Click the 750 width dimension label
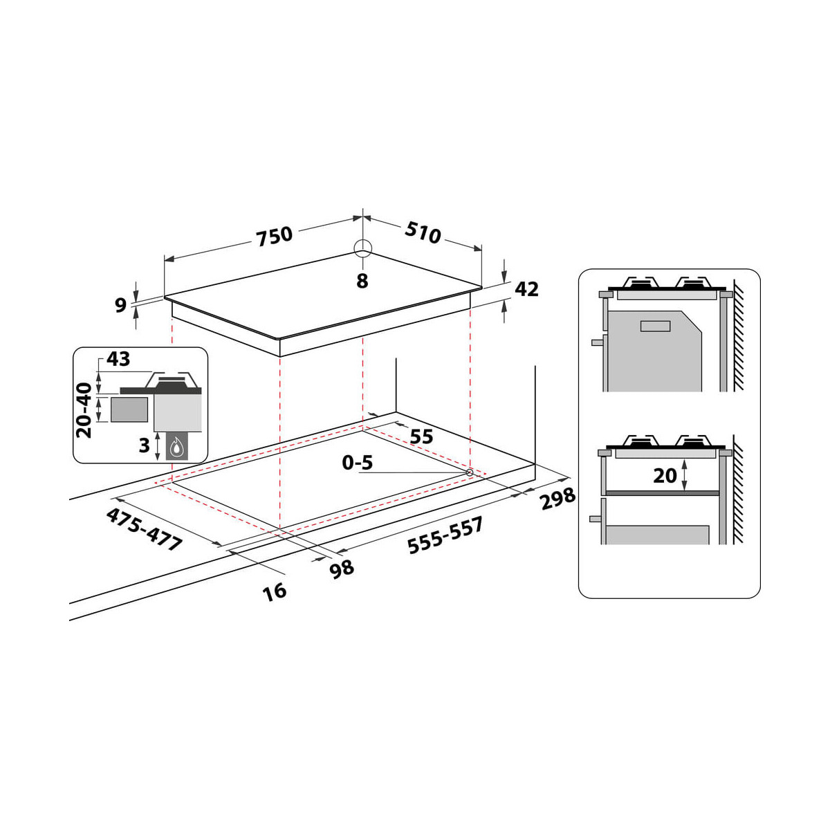[x=275, y=237]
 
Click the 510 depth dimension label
[x=423, y=233]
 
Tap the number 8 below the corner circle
[x=362, y=281]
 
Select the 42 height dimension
[x=527, y=289]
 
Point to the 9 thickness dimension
[x=120, y=305]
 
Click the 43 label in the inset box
[x=118, y=359]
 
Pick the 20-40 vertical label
[x=84, y=410]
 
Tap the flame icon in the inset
[x=176, y=448]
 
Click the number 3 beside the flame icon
[x=144, y=445]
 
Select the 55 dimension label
[x=421, y=436]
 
